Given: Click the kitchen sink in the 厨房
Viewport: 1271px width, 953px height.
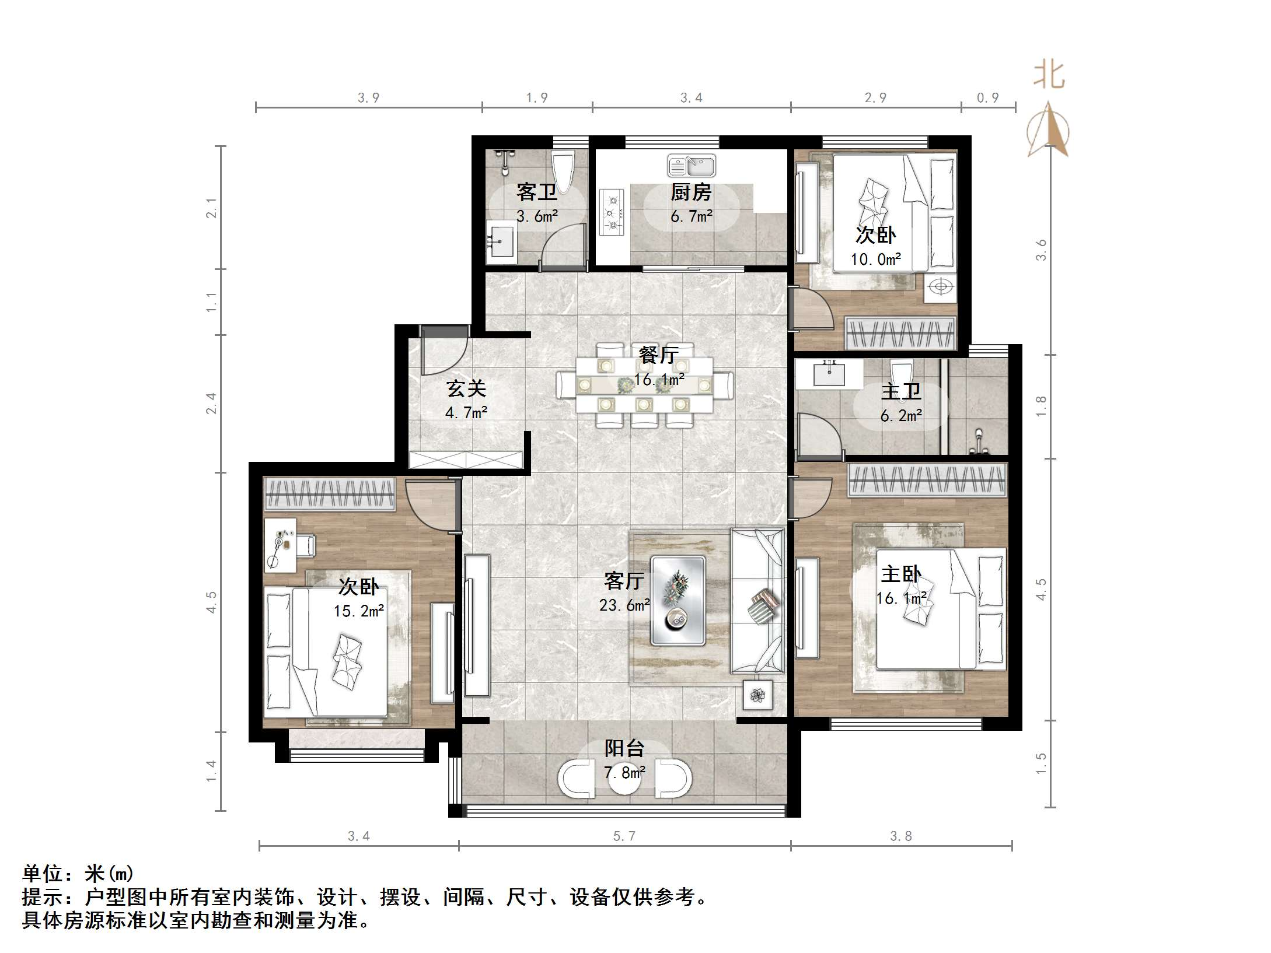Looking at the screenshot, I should point(692,166).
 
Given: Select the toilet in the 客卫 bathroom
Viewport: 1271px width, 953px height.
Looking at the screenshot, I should point(563,170).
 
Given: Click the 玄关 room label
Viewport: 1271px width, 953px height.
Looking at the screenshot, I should point(466,388).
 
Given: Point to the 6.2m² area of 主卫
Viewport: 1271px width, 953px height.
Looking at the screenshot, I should point(901,416).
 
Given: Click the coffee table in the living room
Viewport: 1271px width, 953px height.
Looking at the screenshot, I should point(678,601).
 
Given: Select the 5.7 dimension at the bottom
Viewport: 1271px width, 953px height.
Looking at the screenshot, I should point(624,836).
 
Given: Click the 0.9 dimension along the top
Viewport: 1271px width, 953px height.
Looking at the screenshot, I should point(988,98).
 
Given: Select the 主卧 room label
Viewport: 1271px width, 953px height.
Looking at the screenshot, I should point(901,574).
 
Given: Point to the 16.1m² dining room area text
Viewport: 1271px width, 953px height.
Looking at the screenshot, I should point(659,380).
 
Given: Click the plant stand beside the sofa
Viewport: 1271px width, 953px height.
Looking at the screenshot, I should point(757,695).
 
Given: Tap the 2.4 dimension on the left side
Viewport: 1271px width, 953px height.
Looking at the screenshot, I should point(211,404).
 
